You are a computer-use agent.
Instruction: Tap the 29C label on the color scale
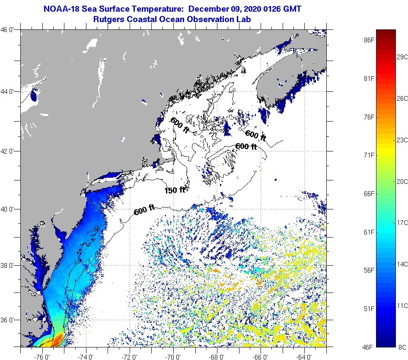tap(402, 57)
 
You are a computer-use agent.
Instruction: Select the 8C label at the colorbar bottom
tap(402, 347)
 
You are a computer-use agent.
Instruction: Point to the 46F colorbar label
tap(369, 347)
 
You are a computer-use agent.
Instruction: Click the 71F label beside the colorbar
tap(369, 155)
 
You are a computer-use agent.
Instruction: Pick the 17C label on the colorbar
tap(402, 222)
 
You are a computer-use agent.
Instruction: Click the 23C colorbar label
tap(402, 140)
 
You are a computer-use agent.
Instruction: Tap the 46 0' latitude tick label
tap(9, 30)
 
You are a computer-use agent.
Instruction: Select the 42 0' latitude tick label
tap(9, 151)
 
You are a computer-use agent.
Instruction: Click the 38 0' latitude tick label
tap(9, 265)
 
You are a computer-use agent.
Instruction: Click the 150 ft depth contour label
tap(175, 190)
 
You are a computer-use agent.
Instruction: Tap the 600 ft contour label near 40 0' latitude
tap(144, 211)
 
